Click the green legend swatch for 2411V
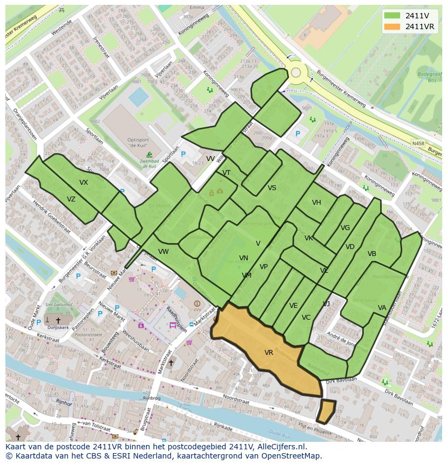(x=393, y=16)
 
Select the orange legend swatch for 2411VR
(x=393, y=26)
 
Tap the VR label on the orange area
(x=268, y=353)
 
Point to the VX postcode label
(x=84, y=183)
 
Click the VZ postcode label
(x=71, y=199)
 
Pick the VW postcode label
(x=164, y=252)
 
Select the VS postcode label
(x=272, y=188)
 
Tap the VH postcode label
(x=316, y=203)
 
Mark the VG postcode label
(x=346, y=228)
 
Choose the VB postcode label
(x=372, y=254)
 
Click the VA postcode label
(x=382, y=308)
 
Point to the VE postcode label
(x=293, y=306)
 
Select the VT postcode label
(x=226, y=173)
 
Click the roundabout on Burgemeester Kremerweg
(x=296, y=72)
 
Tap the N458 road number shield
(x=418, y=143)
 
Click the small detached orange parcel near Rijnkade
(x=326, y=412)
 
